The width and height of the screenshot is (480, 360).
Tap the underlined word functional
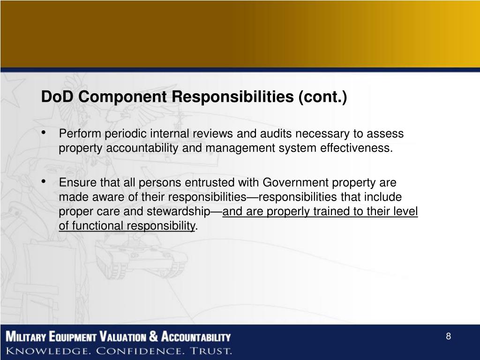(97, 226)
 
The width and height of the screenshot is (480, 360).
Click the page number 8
(448, 337)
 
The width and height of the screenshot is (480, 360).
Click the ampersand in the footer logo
(154, 337)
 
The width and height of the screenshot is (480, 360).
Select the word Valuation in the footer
(123, 337)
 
